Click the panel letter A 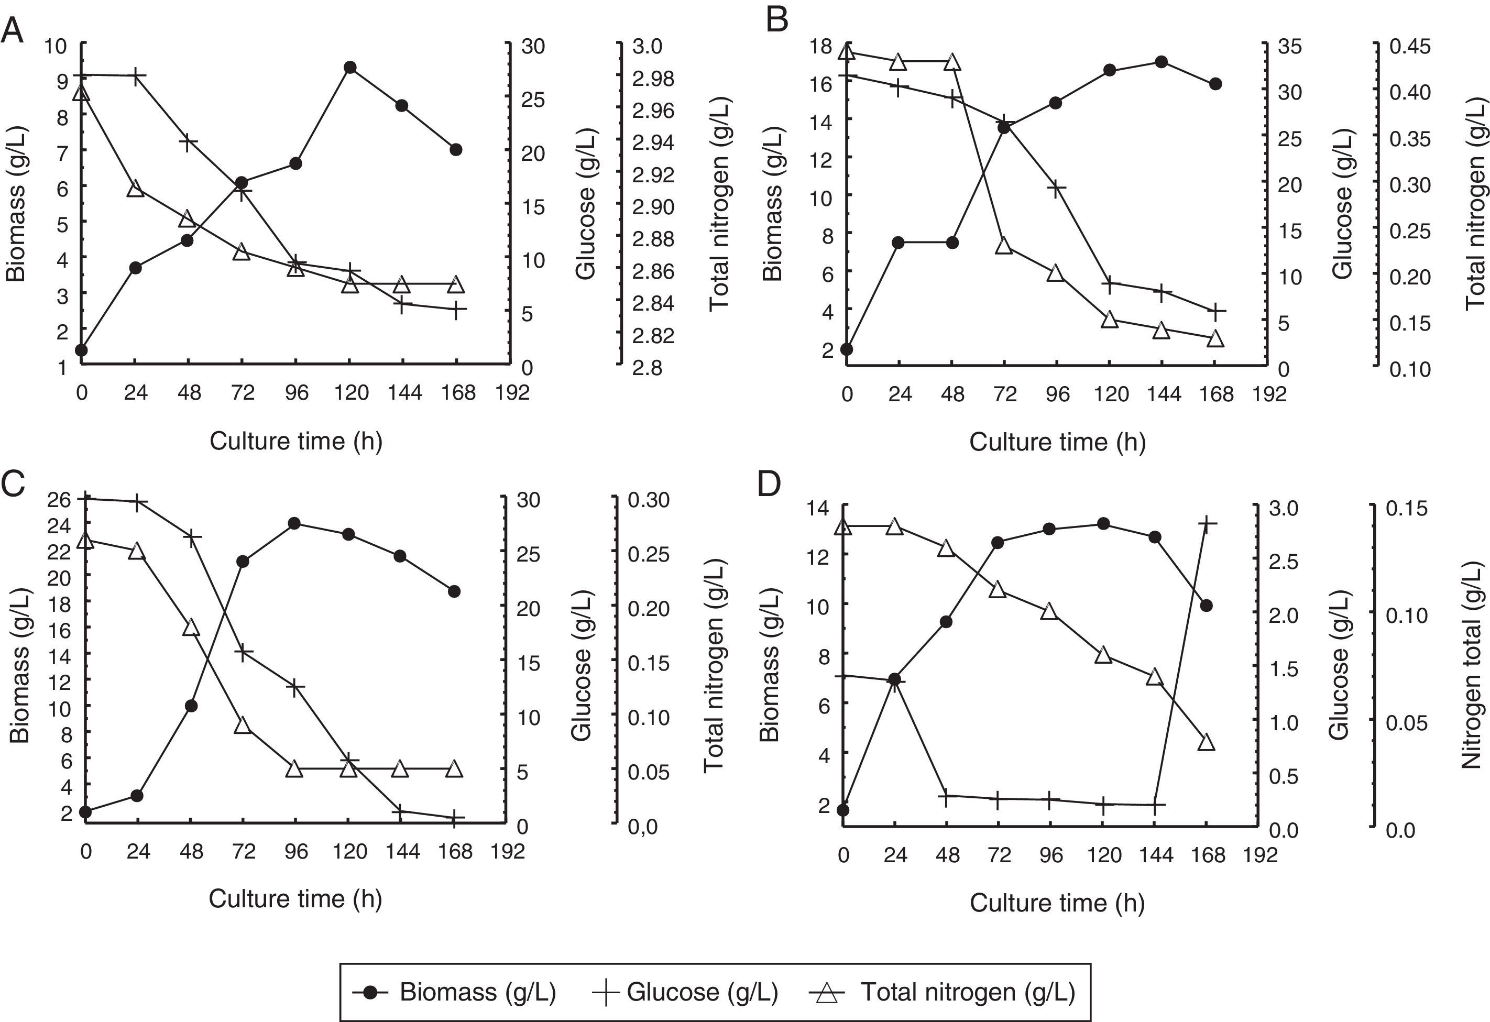pyautogui.click(x=12, y=30)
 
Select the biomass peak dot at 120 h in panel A pyautogui.click(x=350, y=68)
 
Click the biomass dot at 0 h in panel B pyautogui.click(x=846, y=349)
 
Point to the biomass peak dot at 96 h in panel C pyautogui.click(x=294, y=523)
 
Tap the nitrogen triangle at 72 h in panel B pyautogui.click(x=1004, y=246)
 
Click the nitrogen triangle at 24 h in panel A pyautogui.click(x=135, y=189)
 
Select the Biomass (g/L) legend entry pyautogui.click(x=455, y=992)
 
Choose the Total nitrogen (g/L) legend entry pyautogui.click(x=943, y=992)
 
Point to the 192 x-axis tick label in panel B pyautogui.click(x=1269, y=394)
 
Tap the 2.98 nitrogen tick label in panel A pyautogui.click(x=653, y=78)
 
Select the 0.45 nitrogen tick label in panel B pyautogui.click(x=1409, y=46)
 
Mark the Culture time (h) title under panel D pyautogui.click(x=1057, y=903)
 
